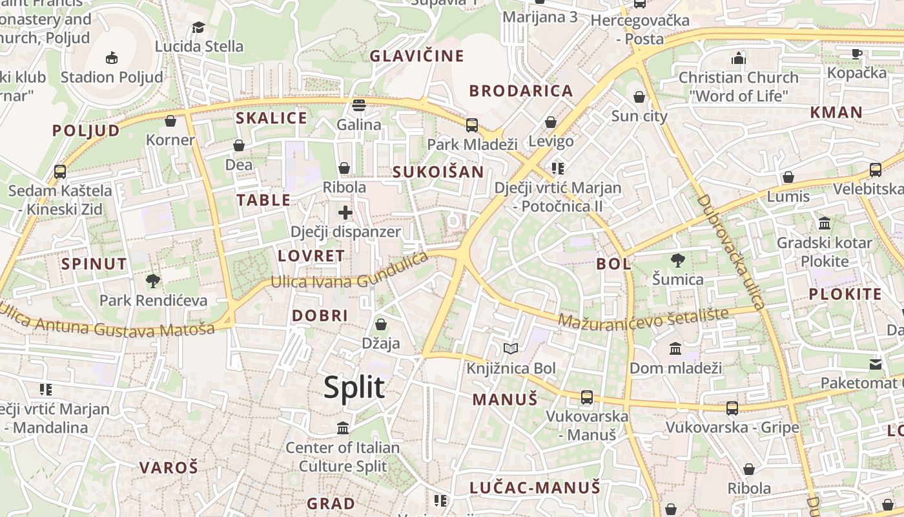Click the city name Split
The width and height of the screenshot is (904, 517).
pyautogui.click(x=354, y=387)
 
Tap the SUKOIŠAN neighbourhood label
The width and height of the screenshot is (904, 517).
pyautogui.click(x=438, y=172)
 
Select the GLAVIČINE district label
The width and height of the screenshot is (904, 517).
pyautogui.click(x=416, y=56)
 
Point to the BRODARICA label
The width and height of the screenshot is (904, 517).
pyautogui.click(x=521, y=91)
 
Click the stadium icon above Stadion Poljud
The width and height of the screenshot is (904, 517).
pyautogui.click(x=112, y=58)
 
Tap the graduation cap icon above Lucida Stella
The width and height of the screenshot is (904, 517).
pyautogui.click(x=198, y=27)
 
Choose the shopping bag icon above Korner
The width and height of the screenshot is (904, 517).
pyautogui.click(x=170, y=121)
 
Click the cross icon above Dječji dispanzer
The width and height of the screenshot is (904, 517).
pyautogui.click(x=345, y=212)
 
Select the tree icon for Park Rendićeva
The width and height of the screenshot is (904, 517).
pyautogui.click(x=153, y=281)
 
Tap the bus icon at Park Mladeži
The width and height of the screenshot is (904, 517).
pyautogui.click(x=472, y=125)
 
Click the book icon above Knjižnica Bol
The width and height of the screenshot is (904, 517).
pyautogui.click(x=511, y=349)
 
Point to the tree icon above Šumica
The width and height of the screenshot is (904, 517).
pyautogui.click(x=677, y=260)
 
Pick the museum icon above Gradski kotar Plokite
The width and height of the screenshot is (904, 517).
pyautogui.click(x=825, y=224)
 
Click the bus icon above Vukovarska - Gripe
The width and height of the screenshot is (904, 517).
pyautogui.click(x=732, y=408)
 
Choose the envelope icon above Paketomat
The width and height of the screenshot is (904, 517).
pyautogui.click(x=876, y=364)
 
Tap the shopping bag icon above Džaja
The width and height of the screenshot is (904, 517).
pyautogui.click(x=381, y=324)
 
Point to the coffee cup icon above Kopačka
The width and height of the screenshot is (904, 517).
pyautogui.click(x=857, y=54)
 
